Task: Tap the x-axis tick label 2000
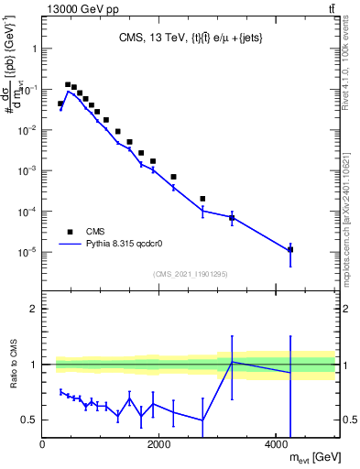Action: (159, 445)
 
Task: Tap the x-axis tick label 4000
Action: (277, 445)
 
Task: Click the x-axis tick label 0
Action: (43, 445)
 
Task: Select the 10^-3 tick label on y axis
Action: (26, 171)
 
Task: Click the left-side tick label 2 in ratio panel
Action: (33, 309)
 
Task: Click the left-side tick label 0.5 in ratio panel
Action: (28, 420)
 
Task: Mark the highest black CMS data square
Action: (68, 84)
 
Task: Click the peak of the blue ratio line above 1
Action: (232, 362)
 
